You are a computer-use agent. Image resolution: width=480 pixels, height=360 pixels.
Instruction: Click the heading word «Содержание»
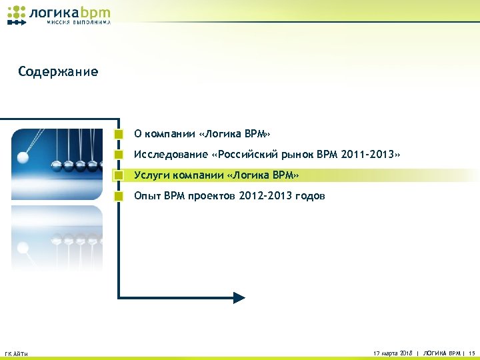58,72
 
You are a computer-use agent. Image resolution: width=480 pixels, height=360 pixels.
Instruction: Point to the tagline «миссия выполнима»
79,22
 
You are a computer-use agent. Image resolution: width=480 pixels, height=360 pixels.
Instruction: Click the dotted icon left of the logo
17,15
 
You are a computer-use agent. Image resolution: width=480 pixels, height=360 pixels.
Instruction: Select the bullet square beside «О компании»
119,133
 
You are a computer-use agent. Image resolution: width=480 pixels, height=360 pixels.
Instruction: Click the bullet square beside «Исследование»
119,155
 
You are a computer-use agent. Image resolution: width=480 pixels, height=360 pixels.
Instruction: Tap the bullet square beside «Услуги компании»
119,175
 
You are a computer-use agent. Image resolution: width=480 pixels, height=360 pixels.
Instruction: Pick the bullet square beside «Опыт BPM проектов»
119,196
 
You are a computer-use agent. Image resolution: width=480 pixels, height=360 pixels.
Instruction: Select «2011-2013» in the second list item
367,155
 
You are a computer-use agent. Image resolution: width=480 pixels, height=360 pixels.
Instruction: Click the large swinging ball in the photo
23,158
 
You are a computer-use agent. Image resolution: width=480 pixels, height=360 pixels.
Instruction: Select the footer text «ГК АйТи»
16,353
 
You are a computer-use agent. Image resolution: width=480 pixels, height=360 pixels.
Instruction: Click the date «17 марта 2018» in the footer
393,352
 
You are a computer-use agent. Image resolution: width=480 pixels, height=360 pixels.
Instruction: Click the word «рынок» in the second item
297,155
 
